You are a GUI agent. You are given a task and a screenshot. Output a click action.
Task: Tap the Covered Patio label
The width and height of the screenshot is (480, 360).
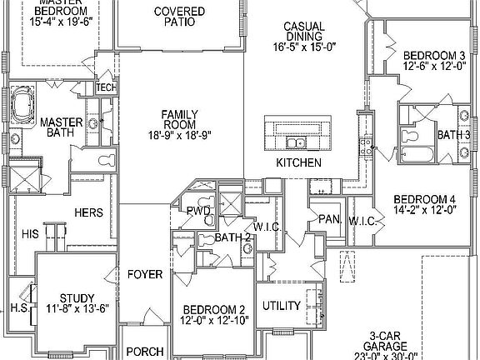(174, 17)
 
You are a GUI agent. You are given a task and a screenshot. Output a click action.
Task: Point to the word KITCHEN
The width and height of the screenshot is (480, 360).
(298, 162)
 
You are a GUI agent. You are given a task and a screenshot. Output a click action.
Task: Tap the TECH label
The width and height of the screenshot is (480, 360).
(106, 87)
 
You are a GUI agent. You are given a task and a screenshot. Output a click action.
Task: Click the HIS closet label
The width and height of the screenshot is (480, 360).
(30, 235)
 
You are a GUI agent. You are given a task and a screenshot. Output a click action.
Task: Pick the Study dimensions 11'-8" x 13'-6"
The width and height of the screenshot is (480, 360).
(77, 310)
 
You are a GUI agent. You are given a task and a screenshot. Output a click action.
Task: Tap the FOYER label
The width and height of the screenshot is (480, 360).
(144, 274)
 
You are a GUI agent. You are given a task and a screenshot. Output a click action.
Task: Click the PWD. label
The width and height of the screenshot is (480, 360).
(197, 211)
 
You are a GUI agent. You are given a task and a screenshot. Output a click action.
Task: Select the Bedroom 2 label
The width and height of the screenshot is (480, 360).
(214, 308)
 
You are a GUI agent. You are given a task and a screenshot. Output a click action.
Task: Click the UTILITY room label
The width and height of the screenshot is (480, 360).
(282, 306)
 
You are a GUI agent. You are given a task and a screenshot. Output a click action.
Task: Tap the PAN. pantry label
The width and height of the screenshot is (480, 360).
(327, 218)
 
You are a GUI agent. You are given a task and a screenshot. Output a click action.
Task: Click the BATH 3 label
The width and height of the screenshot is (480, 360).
(454, 134)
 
